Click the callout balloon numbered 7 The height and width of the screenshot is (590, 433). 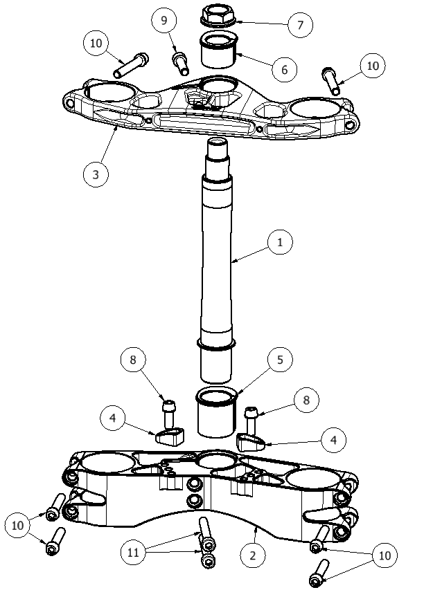point(300,25)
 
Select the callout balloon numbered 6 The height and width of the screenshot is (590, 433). point(284,69)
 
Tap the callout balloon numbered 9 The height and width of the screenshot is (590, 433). point(164,20)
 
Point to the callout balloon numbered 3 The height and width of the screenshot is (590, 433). point(96,174)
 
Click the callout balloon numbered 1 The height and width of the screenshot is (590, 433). point(280,242)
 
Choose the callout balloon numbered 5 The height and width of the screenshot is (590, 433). point(280,360)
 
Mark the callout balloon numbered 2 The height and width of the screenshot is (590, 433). point(253,555)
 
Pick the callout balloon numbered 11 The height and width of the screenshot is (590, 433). point(133,553)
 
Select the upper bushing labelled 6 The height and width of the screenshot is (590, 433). point(218,50)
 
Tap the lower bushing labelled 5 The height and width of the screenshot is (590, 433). point(216,413)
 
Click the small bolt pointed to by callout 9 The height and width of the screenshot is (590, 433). point(180,64)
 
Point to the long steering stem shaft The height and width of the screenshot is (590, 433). point(216,259)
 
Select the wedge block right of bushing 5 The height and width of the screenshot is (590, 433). point(251,442)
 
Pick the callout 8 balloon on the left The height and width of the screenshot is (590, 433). point(133,360)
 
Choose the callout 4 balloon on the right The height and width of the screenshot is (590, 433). point(333,440)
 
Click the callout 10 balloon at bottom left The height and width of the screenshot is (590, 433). point(18,525)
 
